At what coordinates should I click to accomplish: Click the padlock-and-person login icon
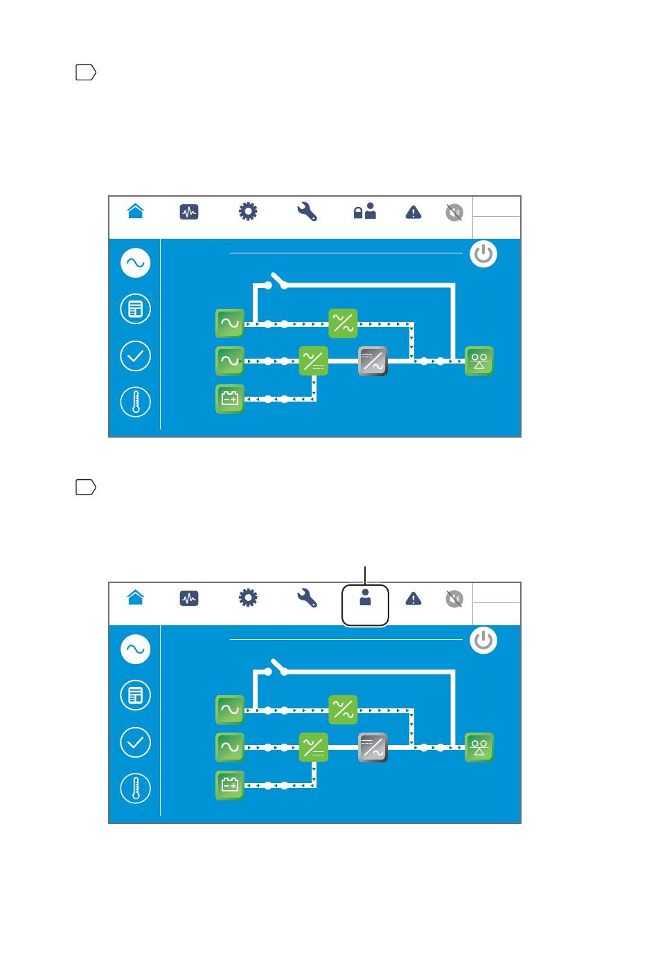click(364, 211)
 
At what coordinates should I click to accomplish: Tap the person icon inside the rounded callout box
click(365, 598)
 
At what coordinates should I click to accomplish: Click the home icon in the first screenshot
click(136, 211)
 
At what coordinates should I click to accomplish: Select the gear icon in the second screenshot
click(248, 598)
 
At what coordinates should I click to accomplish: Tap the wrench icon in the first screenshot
click(307, 211)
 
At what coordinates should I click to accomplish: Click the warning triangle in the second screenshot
click(414, 598)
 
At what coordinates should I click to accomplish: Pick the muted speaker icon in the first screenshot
click(454, 213)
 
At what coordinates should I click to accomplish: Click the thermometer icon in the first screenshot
click(136, 402)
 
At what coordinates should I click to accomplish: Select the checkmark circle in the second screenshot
click(136, 742)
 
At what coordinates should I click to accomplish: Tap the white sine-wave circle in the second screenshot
click(136, 649)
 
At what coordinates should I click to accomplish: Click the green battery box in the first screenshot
click(230, 399)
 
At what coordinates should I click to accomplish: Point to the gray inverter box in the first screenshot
click(373, 361)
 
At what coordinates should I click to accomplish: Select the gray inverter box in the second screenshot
click(373, 748)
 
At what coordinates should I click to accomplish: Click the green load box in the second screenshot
click(479, 748)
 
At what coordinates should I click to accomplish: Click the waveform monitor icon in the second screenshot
click(189, 598)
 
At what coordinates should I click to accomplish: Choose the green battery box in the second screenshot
click(230, 785)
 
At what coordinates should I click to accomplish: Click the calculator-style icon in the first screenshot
click(136, 309)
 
